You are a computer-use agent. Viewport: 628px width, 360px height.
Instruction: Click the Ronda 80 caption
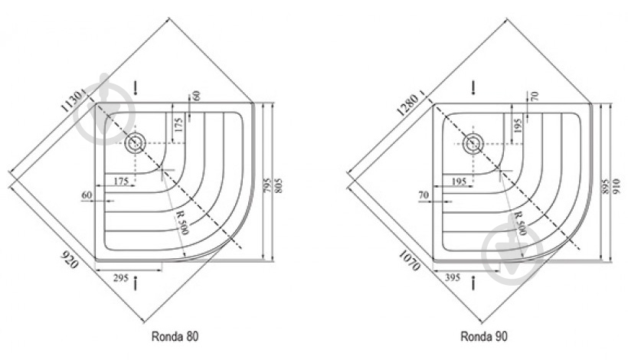[175, 336]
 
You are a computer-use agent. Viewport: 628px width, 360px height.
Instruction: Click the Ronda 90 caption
[484, 336]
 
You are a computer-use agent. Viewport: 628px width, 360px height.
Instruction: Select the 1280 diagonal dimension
[409, 103]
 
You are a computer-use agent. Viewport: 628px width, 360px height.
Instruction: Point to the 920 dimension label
[69, 259]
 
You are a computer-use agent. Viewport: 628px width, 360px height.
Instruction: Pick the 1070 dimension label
[410, 260]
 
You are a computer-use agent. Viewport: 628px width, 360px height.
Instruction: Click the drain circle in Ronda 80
[135, 143]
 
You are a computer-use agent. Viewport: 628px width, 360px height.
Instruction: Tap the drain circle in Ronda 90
[473, 143]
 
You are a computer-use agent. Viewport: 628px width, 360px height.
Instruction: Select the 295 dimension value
[120, 277]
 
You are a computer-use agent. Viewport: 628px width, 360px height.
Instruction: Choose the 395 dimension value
[453, 277]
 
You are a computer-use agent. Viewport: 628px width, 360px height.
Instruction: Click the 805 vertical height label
[280, 185]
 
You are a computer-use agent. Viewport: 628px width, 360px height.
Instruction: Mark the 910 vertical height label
[617, 186]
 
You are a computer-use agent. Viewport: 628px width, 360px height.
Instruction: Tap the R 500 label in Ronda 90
[520, 223]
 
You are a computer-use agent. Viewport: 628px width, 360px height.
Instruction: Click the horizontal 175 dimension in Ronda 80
[120, 181]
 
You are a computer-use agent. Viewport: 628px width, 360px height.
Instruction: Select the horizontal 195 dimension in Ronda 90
[459, 182]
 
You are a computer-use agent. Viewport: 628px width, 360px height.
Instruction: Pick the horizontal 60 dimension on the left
[87, 195]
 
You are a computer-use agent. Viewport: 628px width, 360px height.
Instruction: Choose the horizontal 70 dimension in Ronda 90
[424, 195]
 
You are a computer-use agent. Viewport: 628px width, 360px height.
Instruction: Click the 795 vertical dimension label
[268, 185]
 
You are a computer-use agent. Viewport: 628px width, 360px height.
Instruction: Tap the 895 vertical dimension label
[606, 186]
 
